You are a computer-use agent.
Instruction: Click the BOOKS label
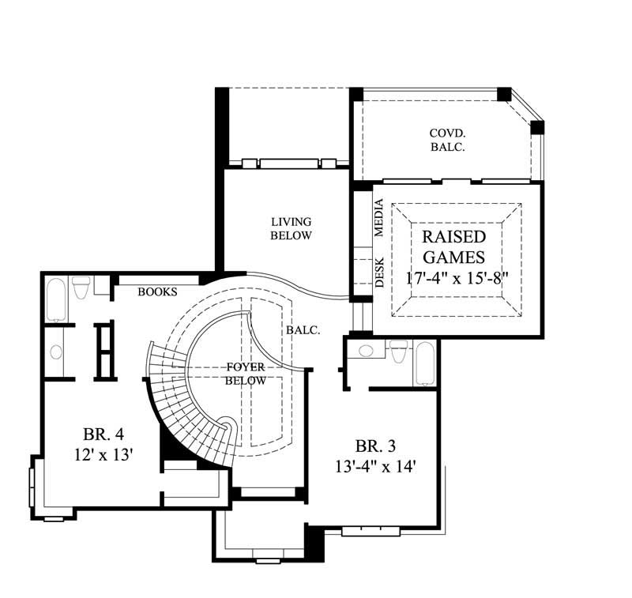[157, 291]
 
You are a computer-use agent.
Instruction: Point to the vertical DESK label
[378, 272]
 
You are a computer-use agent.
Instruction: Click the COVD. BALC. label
[447, 140]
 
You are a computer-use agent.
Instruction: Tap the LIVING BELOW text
[291, 228]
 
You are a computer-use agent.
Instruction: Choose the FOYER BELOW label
[245, 374]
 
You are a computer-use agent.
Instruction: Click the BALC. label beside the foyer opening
[303, 331]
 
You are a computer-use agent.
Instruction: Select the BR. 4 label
[103, 434]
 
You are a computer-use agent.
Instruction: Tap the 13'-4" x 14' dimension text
[374, 466]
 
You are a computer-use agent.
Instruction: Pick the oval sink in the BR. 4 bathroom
[55, 352]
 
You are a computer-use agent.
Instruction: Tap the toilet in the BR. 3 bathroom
[399, 351]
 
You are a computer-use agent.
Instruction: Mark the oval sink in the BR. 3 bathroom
[366, 351]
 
